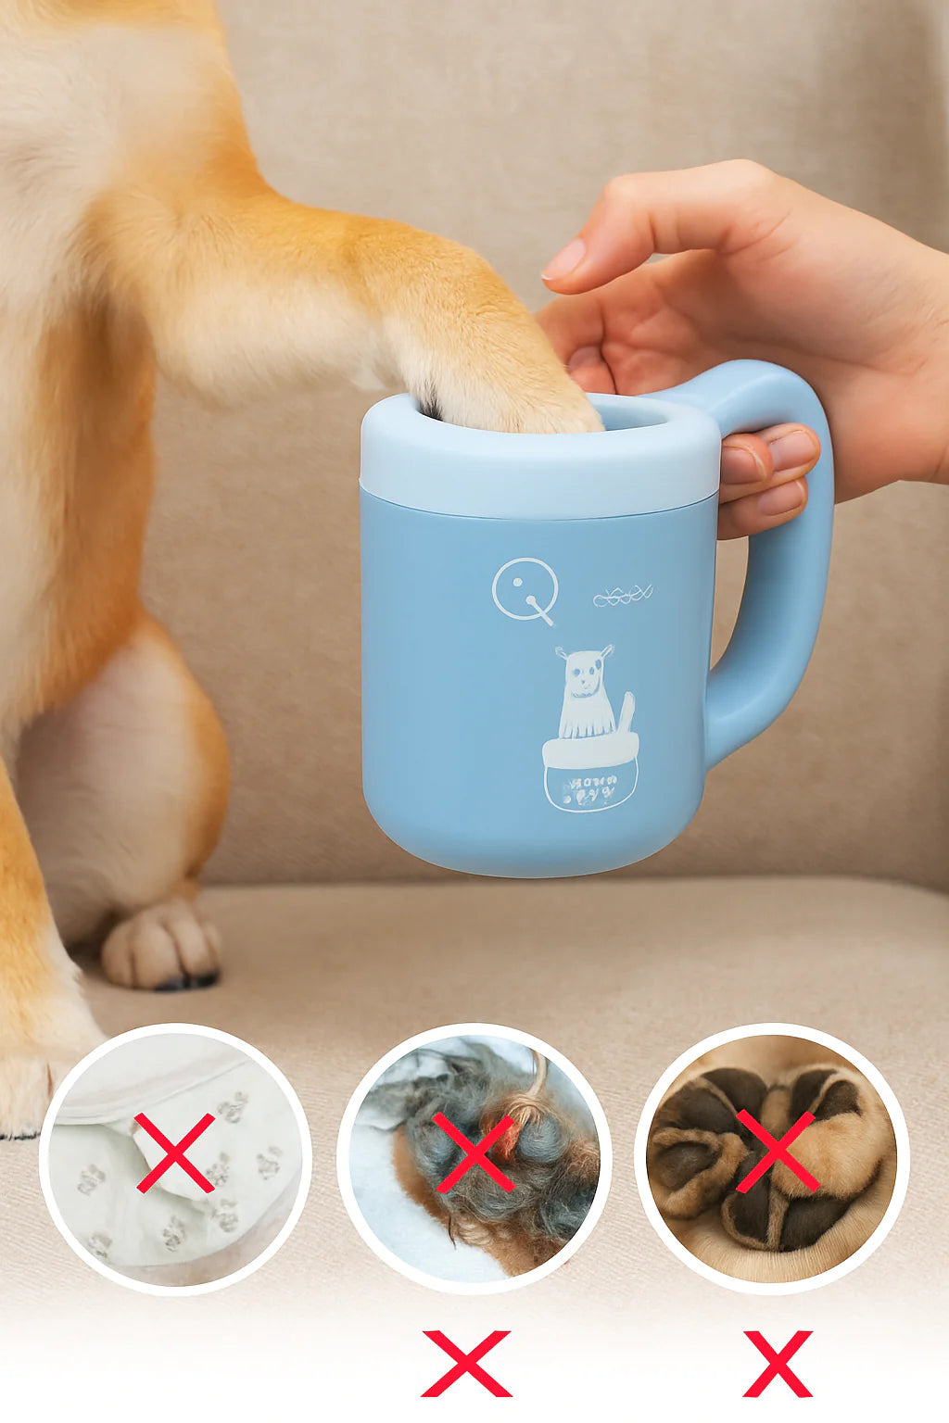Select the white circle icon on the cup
coord(525,589)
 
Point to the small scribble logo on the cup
coord(623,597)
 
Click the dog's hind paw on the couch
coord(162,945)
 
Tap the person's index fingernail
coord(563,260)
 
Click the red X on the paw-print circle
coord(174,1152)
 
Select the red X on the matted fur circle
coord(474,1152)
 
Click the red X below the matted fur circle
coord(466,1363)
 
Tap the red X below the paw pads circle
coord(778,1363)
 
